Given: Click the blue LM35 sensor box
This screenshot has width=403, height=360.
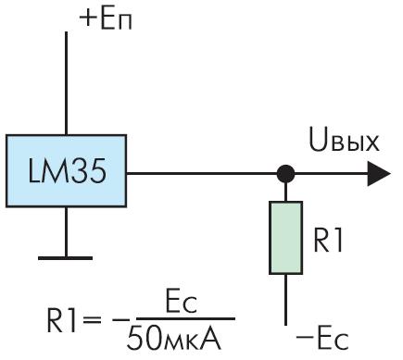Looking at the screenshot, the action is [x=66, y=170].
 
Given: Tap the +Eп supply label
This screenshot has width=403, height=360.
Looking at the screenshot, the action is [x=106, y=19].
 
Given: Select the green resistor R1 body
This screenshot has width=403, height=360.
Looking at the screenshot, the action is [x=285, y=238].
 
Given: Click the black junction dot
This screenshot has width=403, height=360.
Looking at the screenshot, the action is [x=285, y=174].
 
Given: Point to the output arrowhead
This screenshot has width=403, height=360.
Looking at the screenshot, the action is [x=379, y=174].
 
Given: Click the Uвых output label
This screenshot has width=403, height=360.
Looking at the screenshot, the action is [x=344, y=142].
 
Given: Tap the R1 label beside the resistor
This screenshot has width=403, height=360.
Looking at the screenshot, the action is [x=328, y=241].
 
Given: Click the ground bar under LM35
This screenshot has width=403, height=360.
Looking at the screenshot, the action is [x=65, y=258].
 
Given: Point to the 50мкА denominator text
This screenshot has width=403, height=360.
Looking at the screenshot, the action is [x=174, y=339].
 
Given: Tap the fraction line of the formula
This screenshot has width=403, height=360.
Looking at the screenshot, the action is [x=185, y=318].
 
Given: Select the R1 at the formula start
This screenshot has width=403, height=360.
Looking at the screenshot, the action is [x=62, y=320].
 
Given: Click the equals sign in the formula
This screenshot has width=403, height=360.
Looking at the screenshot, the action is [x=92, y=321].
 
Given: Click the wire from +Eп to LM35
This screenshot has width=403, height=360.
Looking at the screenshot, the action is [x=66, y=83].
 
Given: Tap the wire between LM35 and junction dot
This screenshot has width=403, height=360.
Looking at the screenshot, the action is [x=202, y=174].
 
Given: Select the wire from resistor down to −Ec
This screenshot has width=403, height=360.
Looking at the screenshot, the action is [x=285, y=300].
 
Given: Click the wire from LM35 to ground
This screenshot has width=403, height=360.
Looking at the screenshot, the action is [x=66, y=231].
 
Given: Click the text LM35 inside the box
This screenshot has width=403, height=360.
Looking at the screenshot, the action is [x=67, y=170].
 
